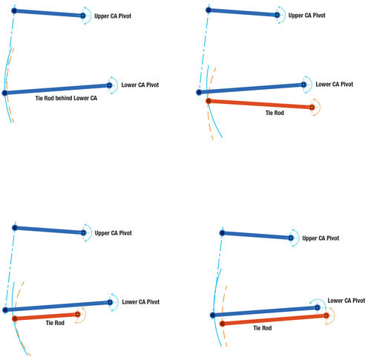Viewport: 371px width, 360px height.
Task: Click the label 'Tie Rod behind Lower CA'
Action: click(x=66, y=98)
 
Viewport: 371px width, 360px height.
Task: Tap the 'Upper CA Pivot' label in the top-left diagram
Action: click(x=113, y=16)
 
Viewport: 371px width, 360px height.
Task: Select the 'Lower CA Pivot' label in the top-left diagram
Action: click(x=140, y=85)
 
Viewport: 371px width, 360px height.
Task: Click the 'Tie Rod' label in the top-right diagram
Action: click(x=275, y=113)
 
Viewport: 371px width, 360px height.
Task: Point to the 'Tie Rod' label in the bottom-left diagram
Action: click(x=55, y=323)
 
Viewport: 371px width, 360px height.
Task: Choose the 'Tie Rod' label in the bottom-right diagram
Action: click(x=263, y=328)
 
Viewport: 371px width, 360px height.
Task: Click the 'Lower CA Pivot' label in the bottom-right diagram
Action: click(x=347, y=301)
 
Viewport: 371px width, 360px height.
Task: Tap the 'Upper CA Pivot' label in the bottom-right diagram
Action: click(x=321, y=238)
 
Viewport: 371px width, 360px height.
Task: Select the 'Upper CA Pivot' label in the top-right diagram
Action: click(x=306, y=16)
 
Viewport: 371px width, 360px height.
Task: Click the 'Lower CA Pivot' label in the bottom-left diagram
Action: click(x=141, y=302)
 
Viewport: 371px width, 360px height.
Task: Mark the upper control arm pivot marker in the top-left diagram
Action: click(x=83, y=16)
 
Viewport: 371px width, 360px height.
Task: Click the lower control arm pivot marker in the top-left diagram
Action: click(x=110, y=85)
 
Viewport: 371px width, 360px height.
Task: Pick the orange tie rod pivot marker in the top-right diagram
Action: click(x=312, y=108)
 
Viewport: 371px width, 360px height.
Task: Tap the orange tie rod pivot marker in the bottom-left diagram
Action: click(x=78, y=314)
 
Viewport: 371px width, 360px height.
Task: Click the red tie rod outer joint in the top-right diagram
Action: click(x=209, y=101)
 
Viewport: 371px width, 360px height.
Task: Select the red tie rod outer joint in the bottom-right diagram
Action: click(x=223, y=324)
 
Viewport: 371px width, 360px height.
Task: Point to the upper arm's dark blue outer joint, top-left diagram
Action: click(x=14, y=11)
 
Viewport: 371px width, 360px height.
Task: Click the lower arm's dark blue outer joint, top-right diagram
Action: click(x=199, y=92)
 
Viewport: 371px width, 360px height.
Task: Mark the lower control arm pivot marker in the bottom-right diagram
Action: click(x=318, y=307)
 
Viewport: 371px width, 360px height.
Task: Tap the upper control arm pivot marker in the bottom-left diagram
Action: click(x=84, y=233)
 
